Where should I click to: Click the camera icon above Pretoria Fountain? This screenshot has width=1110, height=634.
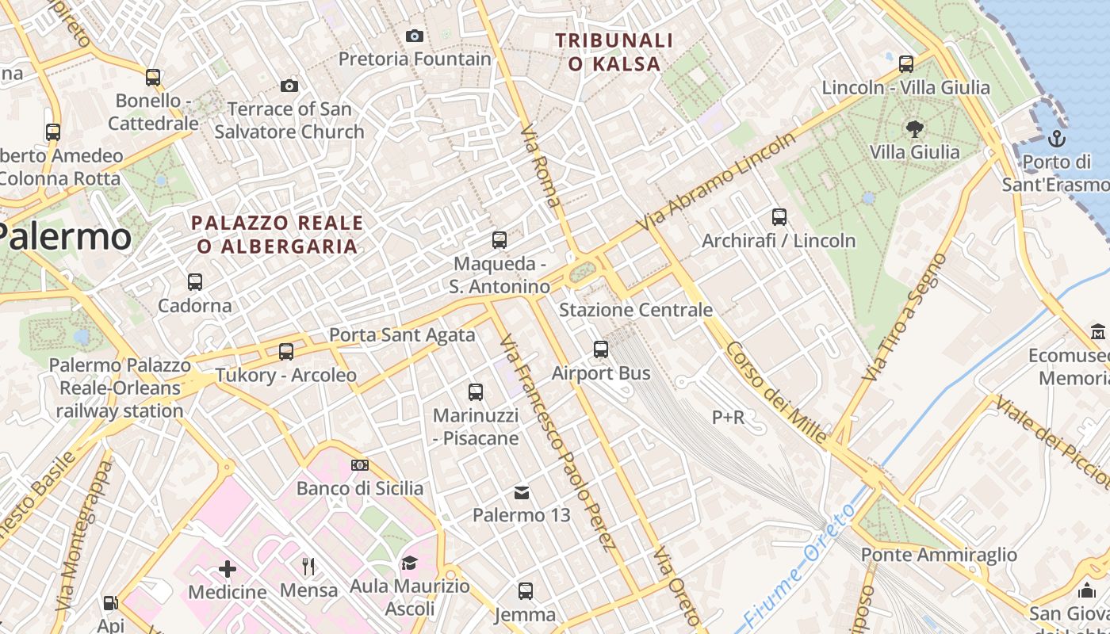point(414,36)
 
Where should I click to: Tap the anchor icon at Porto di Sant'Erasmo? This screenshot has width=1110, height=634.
point(1056,139)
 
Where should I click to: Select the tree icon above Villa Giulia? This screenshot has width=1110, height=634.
point(914,128)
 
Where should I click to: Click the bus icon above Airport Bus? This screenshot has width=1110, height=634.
point(601,349)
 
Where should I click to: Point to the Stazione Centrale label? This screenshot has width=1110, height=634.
point(636,310)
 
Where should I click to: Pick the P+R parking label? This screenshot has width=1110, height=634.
point(728,417)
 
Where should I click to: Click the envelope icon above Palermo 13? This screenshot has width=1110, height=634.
point(521,493)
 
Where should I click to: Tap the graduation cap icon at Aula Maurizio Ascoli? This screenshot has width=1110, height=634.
point(409,563)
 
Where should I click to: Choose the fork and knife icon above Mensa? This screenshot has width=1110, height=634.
point(308,566)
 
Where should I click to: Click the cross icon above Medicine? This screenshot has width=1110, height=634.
point(228,568)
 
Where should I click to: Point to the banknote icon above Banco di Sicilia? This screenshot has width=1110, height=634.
point(360,465)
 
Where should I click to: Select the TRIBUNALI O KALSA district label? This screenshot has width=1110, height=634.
point(614,52)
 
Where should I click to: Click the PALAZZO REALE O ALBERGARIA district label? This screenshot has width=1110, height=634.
point(277,235)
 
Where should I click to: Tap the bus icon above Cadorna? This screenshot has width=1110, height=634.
point(195,281)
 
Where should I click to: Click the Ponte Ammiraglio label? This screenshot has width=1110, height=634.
point(939,555)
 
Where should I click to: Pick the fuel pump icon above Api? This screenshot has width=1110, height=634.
point(111,603)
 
